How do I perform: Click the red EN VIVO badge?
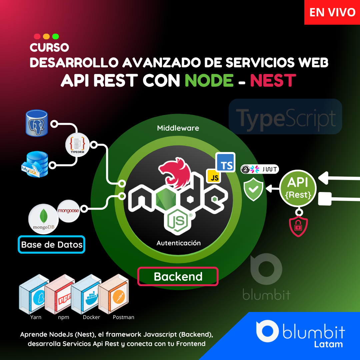[332, 12]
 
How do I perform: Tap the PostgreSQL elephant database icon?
[37, 123]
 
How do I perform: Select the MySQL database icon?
[35, 164]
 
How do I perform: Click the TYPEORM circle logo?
[77, 145]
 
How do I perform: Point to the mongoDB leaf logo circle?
[44, 219]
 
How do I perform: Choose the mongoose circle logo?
[68, 211]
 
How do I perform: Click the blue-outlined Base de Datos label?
[52, 245]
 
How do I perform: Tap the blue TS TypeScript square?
[225, 162]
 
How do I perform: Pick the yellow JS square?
[214, 176]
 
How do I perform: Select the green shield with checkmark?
[253, 189]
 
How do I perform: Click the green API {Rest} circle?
[298, 188]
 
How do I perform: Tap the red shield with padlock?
[298, 226]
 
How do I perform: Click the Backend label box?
[178, 276]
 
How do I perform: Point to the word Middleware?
[178, 128]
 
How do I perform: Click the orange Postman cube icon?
[113, 294]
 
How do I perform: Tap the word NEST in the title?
[273, 80]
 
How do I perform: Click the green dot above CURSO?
[56, 36]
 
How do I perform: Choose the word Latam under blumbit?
[328, 344]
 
